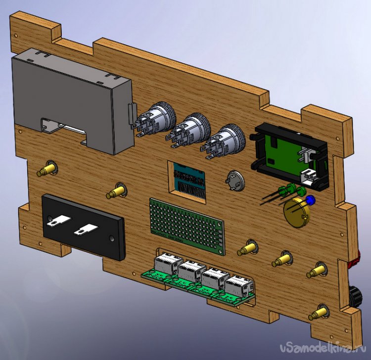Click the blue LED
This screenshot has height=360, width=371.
click(311, 200)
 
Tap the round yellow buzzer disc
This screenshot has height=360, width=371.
click(296, 213)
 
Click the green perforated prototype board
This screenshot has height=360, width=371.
click(187, 226)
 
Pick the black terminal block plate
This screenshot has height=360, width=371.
click(83, 227)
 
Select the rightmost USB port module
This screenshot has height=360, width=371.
click(238, 287)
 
